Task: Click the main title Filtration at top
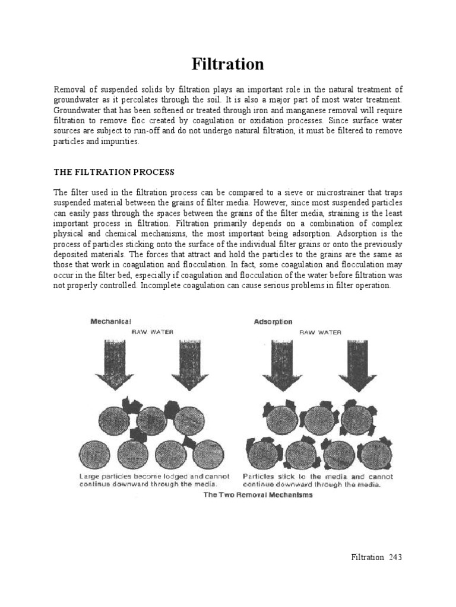[227, 63]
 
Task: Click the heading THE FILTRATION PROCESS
[114, 172]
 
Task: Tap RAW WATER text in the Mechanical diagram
[152, 333]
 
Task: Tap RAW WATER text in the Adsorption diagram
[320, 333]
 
